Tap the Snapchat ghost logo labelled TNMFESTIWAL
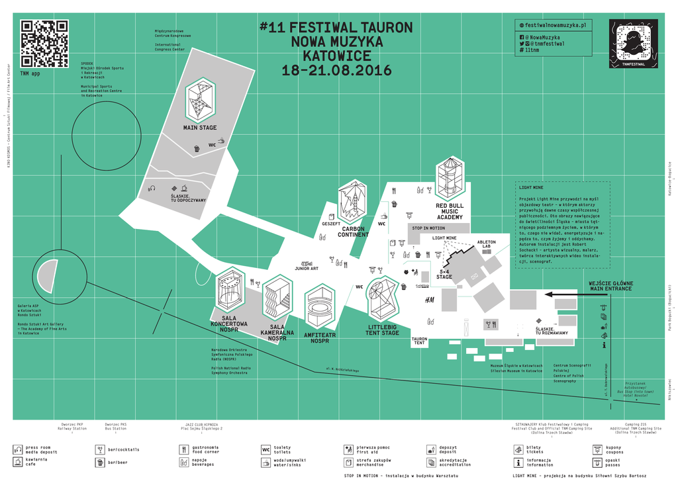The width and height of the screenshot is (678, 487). click(x=633, y=43)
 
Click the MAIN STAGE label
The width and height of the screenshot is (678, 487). click(x=200, y=128)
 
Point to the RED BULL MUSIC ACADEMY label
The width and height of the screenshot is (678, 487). click(x=450, y=212)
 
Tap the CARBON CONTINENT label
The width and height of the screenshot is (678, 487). click(x=353, y=232)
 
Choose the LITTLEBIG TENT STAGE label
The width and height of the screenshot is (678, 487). click(x=383, y=330)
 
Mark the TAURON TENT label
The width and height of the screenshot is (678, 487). click(x=419, y=341)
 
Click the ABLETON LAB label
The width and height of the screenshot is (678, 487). click(x=486, y=244)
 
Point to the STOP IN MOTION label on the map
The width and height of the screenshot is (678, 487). click(x=428, y=228)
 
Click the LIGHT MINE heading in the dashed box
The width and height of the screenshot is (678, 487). click(x=530, y=188)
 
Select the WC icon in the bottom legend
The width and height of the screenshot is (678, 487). click(x=266, y=450)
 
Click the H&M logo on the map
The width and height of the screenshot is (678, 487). click(x=429, y=300)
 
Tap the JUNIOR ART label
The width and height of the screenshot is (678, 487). click(x=307, y=268)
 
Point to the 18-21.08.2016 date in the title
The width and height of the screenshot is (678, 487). click(x=336, y=70)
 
